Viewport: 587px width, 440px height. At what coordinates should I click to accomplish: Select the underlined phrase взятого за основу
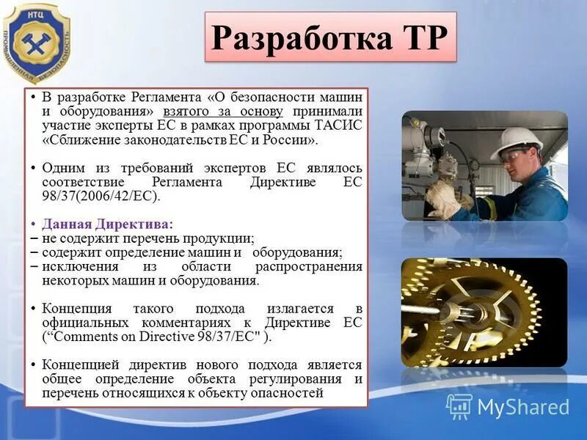click(223, 111)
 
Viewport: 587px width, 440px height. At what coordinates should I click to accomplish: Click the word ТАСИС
click(341, 125)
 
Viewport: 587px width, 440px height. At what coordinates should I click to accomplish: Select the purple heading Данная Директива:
click(108, 224)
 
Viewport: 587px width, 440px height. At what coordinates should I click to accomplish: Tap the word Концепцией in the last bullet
click(79, 365)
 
